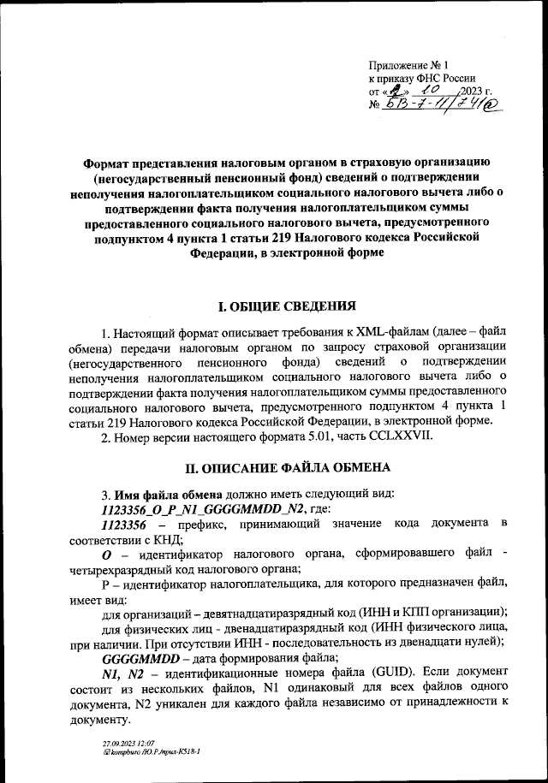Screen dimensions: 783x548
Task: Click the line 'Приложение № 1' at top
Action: (x=414, y=65)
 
